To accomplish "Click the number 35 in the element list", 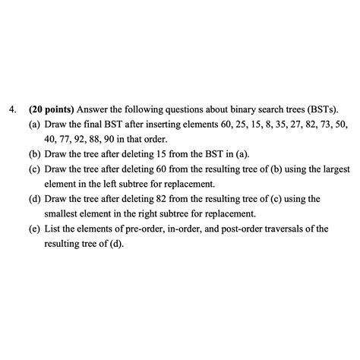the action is (x=289, y=124).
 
